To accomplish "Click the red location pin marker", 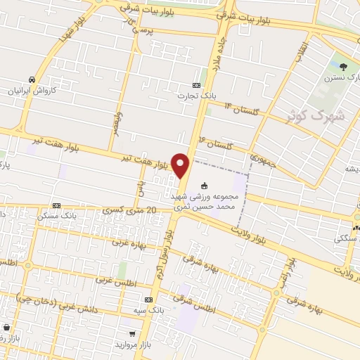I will click(181, 165).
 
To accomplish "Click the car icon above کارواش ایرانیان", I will click(32, 80).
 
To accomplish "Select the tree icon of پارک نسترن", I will click(343, 67).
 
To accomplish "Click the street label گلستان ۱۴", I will click(241, 109).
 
